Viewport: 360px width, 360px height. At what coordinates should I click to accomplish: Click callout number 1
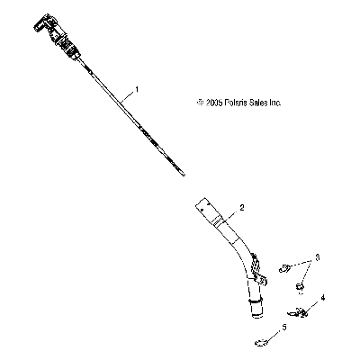click(x=137, y=89)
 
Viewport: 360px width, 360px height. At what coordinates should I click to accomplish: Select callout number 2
click(x=242, y=207)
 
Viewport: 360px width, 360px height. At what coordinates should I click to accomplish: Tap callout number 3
click(x=318, y=257)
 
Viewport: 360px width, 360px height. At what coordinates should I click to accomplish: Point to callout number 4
click(x=323, y=298)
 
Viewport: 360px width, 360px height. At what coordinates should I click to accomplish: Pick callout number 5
click(x=284, y=327)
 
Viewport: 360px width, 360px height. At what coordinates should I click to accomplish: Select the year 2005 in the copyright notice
click(x=214, y=103)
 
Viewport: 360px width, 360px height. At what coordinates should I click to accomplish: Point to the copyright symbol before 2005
click(x=201, y=103)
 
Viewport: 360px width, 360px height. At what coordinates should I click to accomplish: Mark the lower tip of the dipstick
click(x=184, y=175)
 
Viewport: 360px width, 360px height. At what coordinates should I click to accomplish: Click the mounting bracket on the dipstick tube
click(x=257, y=270)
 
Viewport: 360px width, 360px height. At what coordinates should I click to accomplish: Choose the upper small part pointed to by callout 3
click(x=283, y=268)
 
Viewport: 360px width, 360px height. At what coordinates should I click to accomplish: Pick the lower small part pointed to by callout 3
click(x=300, y=287)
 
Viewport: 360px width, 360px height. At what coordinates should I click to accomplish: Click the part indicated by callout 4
click(x=297, y=312)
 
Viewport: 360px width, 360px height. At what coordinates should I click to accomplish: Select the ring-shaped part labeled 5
click(x=261, y=342)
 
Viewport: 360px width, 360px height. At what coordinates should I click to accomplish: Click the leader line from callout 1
click(x=127, y=97)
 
